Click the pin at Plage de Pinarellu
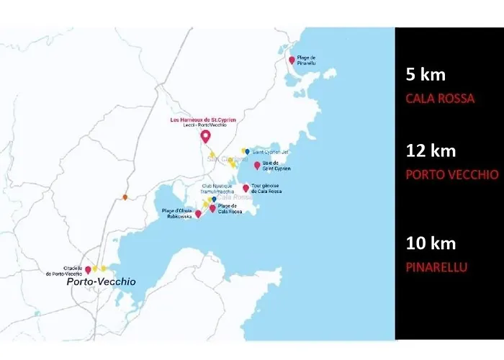pyautogui.click(x=292, y=60)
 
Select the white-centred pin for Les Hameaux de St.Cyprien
pyautogui.click(x=205, y=136)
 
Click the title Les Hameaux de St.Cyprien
pyautogui.click(x=203, y=120)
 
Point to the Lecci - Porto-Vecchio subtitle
pyautogui.click(x=204, y=125)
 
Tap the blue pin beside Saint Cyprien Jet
pyautogui.click(x=248, y=152)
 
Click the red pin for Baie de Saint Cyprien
pyautogui.click(x=257, y=166)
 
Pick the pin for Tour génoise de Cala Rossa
pyautogui.click(x=246, y=189)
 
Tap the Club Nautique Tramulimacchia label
pyautogui.click(x=217, y=188)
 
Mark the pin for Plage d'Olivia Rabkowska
pyautogui.click(x=198, y=213)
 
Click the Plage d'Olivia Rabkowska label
pyautogui.click(x=177, y=213)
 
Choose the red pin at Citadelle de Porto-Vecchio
pyautogui.click(x=88, y=270)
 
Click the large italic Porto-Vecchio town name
pyautogui.click(x=100, y=282)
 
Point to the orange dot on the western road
pyautogui.click(x=125, y=197)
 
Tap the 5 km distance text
pyautogui.click(x=426, y=74)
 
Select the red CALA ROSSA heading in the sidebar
pyautogui.click(x=440, y=99)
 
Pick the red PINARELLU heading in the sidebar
pyautogui.click(x=437, y=267)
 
